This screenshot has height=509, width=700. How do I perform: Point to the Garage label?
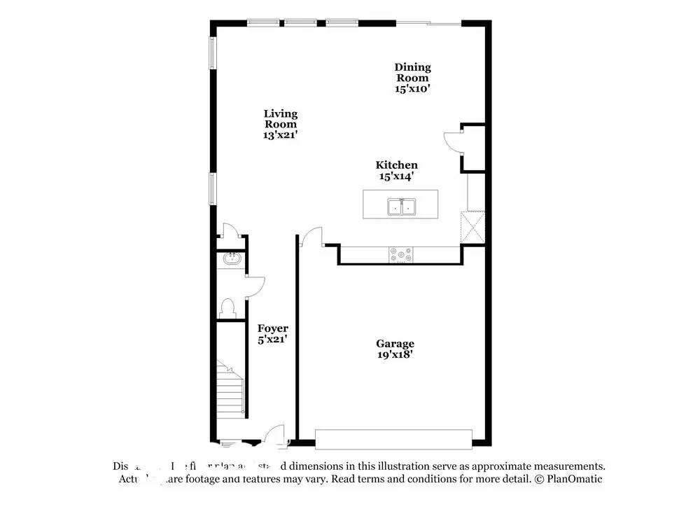[x=395, y=343]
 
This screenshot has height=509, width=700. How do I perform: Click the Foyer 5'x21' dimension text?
[x=272, y=339]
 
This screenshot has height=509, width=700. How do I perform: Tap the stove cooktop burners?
[x=401, y=256]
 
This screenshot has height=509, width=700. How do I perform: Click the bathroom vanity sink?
[x=230, y=260]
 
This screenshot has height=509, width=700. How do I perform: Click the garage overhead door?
[x=393, y=439]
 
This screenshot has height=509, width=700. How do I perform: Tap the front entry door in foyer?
[x=277, y=435]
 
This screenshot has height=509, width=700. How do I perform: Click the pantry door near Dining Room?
[x=453, y=144]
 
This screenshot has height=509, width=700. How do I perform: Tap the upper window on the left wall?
[x=212, y=53]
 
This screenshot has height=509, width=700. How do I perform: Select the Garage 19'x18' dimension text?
[x=395, y=354]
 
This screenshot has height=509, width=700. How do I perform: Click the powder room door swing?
[x=255, y=284]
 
